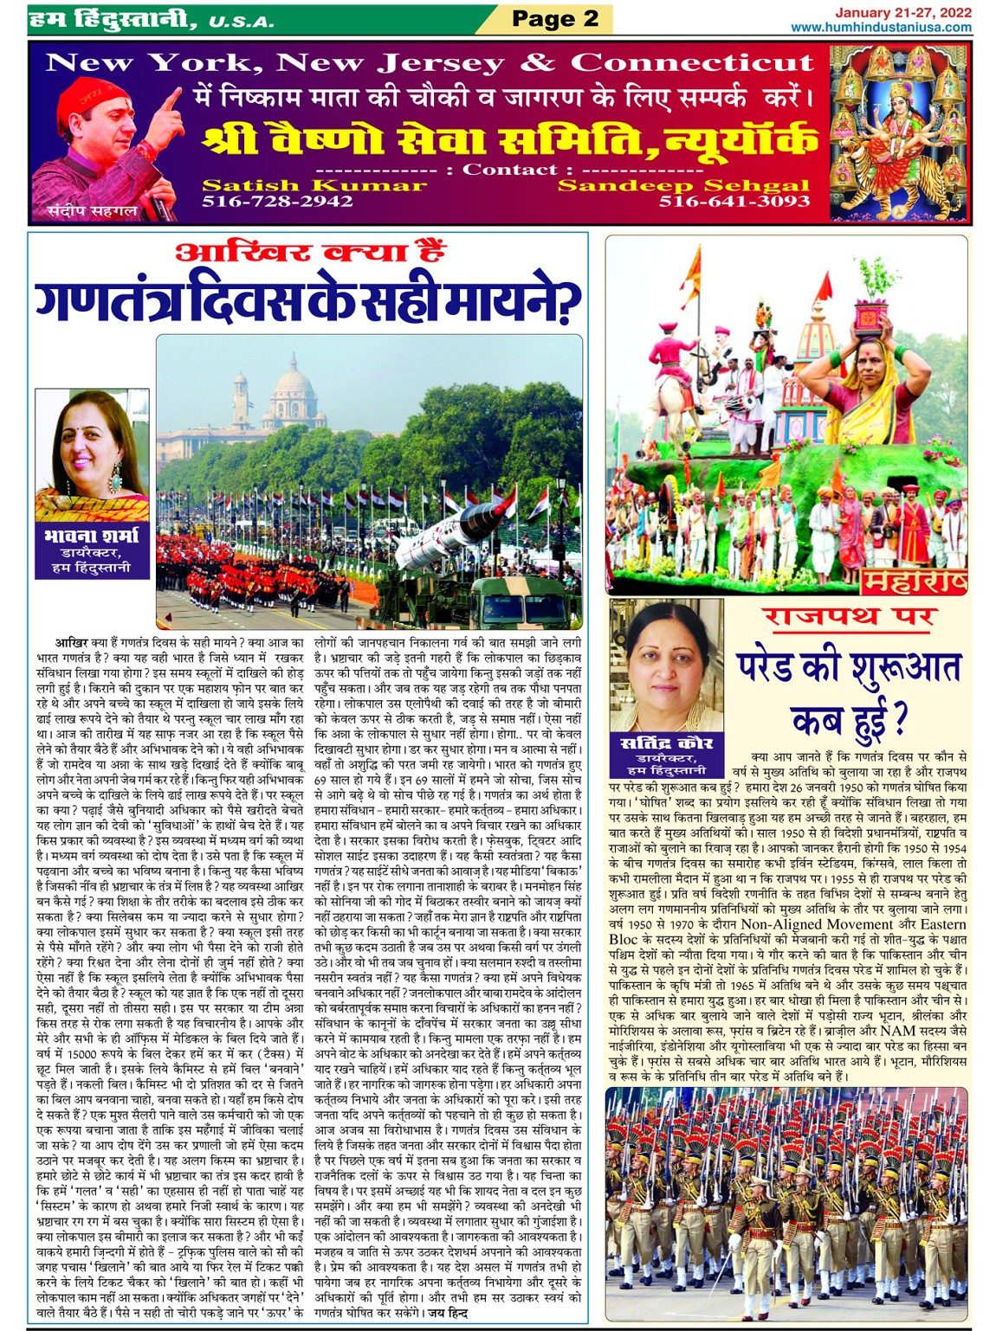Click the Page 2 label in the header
pyautogui.click(x=555, y=18)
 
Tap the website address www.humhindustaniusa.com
pyautogui.click(x=880, y=27)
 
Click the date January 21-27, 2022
pyautogui.click(x=902, y=11)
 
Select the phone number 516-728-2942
pyautogui.click(x=277, y=202)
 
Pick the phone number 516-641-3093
pyautogui.click(x=734, y=202)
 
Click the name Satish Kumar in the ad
pyautogui.click(x=314, y=184)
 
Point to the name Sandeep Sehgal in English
pyautogui.click(x=683, y=184)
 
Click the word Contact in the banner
pyautogui.click(x=510, y=169)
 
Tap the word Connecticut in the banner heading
pyautogui.click(x=692, y=62)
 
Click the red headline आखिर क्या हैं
pyautogui.click(x=310, y=253)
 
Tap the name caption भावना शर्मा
pyautogui.click(x=91, y=535)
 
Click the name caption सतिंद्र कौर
pyautogui.click(x=666, y=743)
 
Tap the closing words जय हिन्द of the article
pyautogui.click(x=447, y=1313)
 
